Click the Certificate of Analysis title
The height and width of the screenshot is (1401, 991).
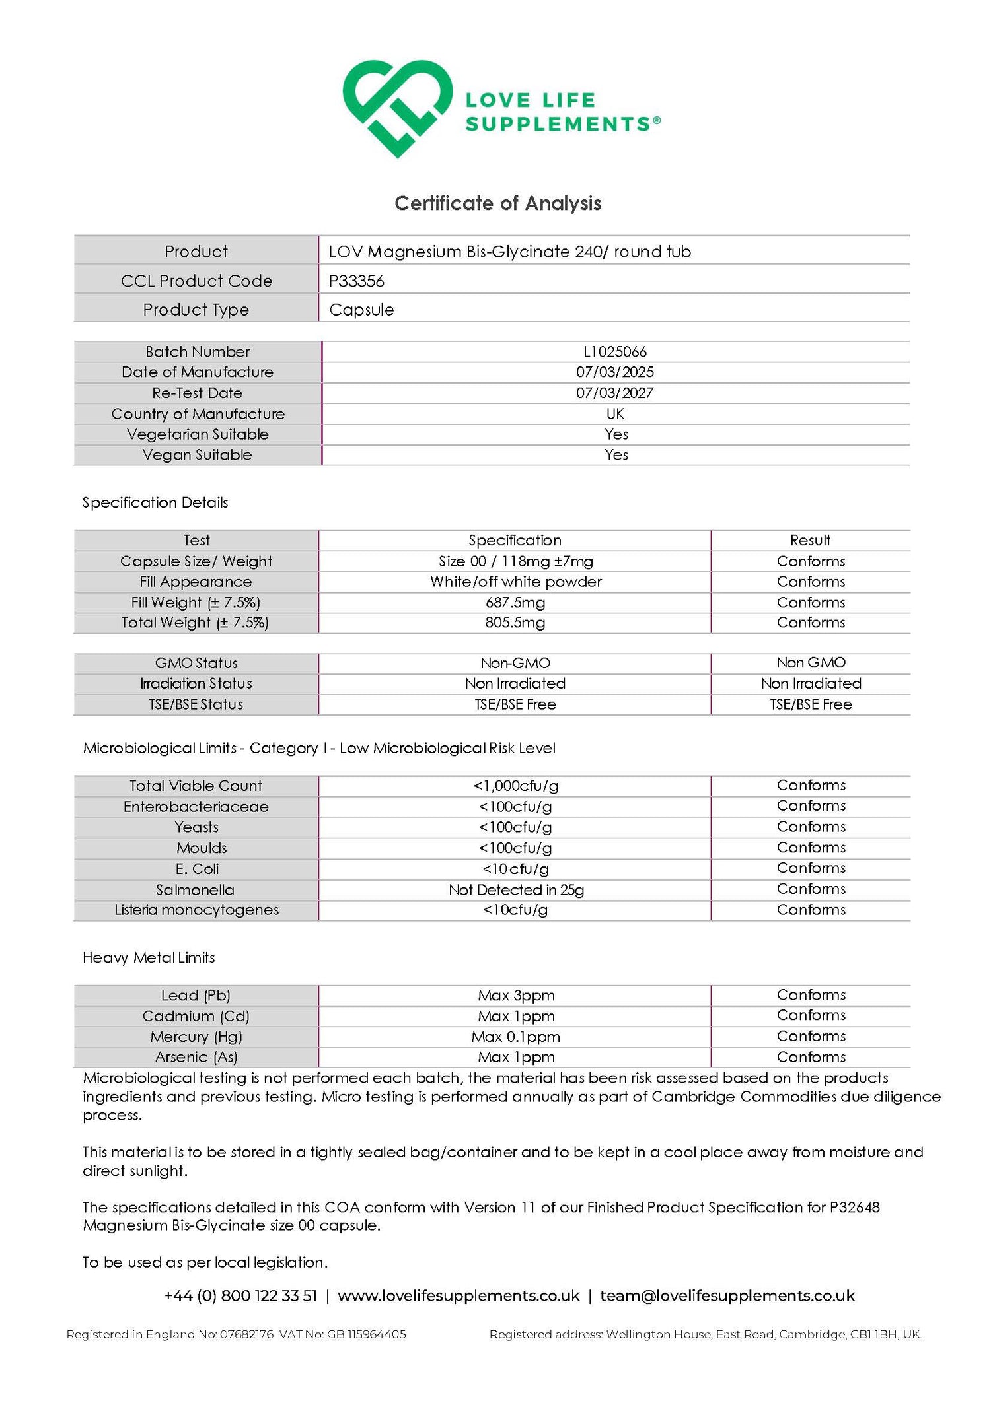pos(497,203)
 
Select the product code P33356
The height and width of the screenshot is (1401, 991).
pos(357,281)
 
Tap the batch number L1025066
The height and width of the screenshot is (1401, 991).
pos(615,351)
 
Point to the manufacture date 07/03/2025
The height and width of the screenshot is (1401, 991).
pos(615,372)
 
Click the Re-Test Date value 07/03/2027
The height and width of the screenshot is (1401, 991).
pos(615,393)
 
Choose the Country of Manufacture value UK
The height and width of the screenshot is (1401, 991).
pos(615,414)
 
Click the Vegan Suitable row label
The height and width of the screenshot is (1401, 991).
pos(197,455)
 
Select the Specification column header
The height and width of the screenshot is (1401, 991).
pos(515,540)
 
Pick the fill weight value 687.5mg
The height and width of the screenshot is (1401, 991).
pos(515,602)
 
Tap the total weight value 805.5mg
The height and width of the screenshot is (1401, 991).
pos(515,622)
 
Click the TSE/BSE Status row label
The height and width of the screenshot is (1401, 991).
pos(196,704)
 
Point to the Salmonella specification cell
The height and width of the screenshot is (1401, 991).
pos(516,889)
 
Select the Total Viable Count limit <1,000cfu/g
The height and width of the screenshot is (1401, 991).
pos(515,786)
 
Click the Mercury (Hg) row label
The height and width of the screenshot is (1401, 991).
pos(196,1037)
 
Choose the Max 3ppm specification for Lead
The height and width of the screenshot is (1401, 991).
pos(516,995)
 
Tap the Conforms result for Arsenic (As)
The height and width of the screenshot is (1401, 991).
pos(811,1057)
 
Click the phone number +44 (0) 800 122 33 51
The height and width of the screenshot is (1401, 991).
pos(240,1295)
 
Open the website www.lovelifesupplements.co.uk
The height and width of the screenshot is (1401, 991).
pos(459,1295)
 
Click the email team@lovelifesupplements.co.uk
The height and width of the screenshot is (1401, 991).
pos(727,1295)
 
